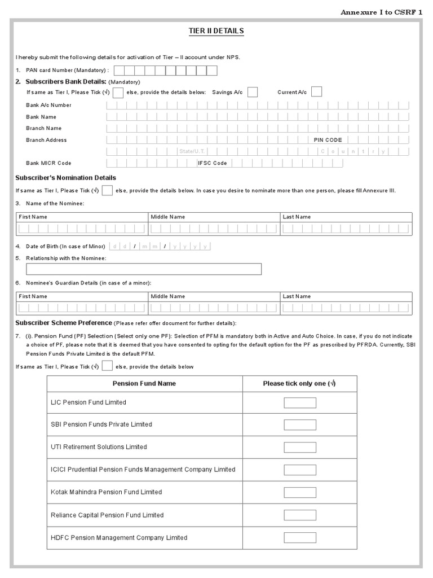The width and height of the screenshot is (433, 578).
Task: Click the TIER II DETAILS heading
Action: click(x=216, y=30)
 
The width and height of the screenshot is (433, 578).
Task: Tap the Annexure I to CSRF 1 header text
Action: click(x=381, y=11)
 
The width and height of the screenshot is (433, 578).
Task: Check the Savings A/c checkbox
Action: click(x=253, y=92)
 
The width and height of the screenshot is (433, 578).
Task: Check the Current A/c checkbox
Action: click(x=316, y=92)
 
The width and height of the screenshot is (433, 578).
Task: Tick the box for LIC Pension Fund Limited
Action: click(x=300, y=402)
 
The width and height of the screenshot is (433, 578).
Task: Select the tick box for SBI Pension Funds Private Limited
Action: click(x=300, y=424)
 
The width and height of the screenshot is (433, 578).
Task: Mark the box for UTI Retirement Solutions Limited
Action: click(x=300, y=447)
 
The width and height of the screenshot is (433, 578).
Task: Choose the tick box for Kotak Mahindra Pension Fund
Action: click(x=300, y=492)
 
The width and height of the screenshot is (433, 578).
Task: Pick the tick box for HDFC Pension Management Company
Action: click(x=300, y=537)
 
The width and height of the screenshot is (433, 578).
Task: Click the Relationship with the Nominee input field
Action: click(x=144, y=269)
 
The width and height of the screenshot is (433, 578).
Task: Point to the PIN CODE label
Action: click(x=328, y=140)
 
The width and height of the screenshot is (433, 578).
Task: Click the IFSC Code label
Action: click(x=213, y=163)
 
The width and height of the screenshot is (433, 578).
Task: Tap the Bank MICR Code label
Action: click(x=48, y=163)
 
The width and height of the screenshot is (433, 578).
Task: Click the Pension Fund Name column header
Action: click(x=144, y=383)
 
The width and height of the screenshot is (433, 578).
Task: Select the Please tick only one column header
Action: click(x=299, y=383)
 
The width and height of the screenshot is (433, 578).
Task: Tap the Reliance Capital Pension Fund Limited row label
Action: click(x=107, y=515)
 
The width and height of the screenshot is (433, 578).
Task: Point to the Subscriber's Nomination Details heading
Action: click(x=65, y=178)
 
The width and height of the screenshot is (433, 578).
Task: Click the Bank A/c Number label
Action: click(x=48, y=105)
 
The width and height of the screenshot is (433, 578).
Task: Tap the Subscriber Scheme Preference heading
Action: click(x=64, y=323)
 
